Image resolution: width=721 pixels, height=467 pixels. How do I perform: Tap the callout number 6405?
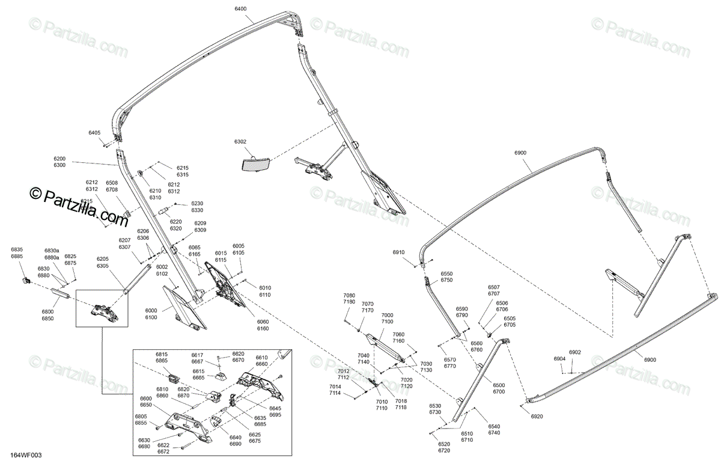coord(94,132)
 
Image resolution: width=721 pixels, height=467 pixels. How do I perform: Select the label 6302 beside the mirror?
coord(240,142)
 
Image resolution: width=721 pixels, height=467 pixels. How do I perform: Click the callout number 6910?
coord(399,252)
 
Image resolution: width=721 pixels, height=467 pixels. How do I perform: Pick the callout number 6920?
coord(537,416)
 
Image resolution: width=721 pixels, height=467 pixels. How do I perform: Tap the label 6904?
coord(559,359)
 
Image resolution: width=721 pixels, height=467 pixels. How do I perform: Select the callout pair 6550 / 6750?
coord(446,276)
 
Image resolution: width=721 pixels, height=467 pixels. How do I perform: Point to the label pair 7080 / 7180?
coord(349,299)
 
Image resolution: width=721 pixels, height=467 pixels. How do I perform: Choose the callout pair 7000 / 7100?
coord(387,319)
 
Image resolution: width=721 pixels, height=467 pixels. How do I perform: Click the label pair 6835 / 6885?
coord(17,253)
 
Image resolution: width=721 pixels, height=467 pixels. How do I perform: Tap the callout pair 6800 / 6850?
coord(47,315)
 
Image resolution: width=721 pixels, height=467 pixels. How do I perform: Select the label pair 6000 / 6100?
coord(151,313)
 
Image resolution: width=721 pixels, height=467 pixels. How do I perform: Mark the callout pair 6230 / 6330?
coord(197,207)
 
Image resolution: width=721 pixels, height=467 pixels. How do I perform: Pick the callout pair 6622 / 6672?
coord(163,448)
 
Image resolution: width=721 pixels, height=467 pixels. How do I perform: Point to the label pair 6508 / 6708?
coord(112,186)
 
